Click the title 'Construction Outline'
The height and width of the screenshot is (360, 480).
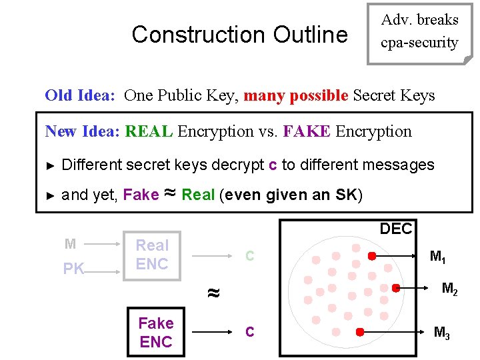pos(239,34)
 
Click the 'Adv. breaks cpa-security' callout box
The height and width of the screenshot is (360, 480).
pos(419,31)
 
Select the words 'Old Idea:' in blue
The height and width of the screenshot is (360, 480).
pos(79,95)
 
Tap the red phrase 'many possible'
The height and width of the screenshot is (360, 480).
pos(295,95)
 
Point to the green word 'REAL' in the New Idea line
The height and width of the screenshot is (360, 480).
pos(149,131)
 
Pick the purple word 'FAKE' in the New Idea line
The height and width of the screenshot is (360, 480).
pos(307,131)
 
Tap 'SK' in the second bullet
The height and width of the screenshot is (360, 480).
pos(348,195)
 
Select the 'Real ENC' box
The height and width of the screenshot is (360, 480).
pos(152,255)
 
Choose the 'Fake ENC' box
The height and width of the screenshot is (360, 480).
pos(155,332)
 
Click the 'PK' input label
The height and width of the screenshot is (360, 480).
pos(73,269)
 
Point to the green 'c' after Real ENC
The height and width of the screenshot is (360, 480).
pos(249,255)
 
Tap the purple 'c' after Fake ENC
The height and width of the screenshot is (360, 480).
pos(249,331)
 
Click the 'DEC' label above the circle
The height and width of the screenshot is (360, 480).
pos(396,229)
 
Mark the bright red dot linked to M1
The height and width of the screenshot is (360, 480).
pos(372,255)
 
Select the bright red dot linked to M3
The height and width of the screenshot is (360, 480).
pos(359,331)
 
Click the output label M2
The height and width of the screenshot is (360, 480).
pos(450,289)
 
